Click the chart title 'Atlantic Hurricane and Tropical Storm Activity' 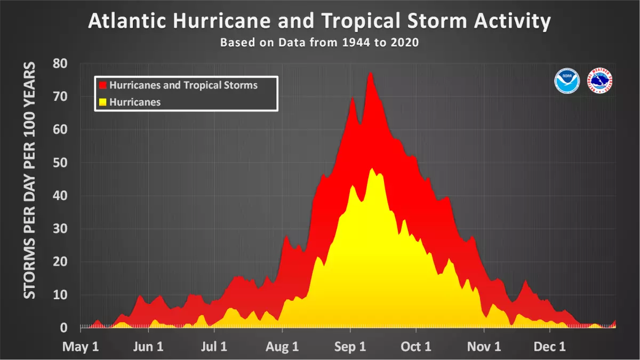(319, 21)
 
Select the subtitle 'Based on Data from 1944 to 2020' (319, 43)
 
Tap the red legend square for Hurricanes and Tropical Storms (103, 85)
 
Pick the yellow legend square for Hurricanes (103, 102)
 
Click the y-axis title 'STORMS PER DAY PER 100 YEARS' (30, 180)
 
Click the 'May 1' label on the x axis (81, 347)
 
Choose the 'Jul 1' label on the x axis (215, 347)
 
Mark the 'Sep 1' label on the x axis (350, 347)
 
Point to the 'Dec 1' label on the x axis (550, 347)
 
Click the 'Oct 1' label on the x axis (416, 347)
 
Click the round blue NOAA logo (567, 81)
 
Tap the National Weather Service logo (599, 81)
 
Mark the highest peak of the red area (370, 73)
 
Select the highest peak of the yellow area (372, 169)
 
